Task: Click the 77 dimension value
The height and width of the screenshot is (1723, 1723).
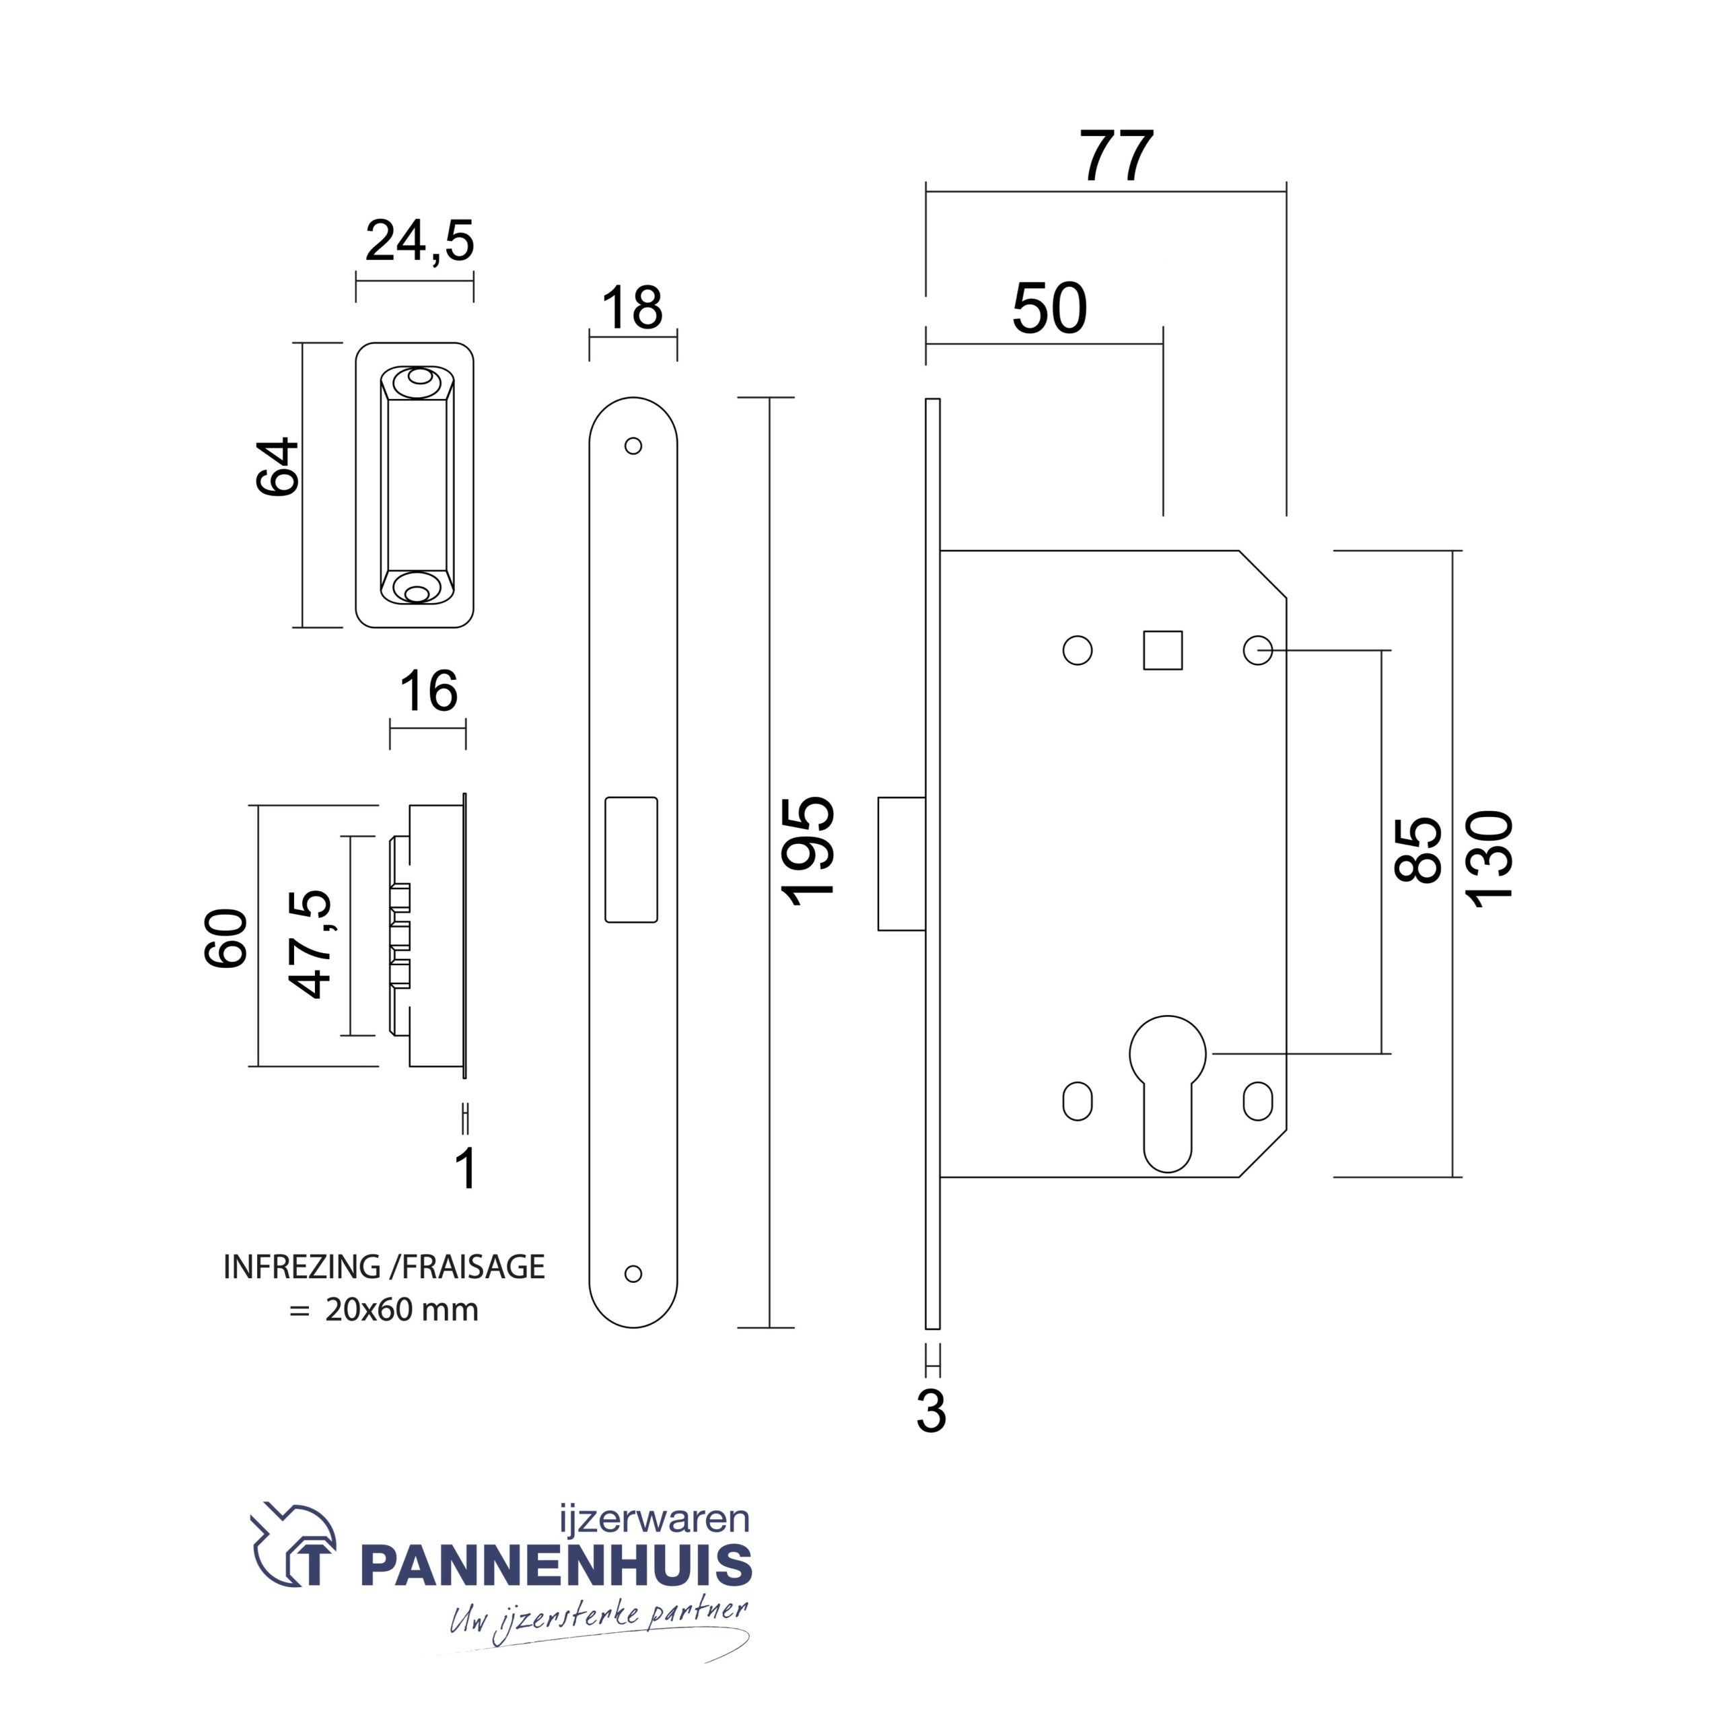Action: [1117, 155]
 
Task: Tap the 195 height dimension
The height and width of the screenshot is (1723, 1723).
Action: [808, 850]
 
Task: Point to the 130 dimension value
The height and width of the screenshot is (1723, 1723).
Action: [1491, 859]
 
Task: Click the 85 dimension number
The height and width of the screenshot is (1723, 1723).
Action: [1418, 850]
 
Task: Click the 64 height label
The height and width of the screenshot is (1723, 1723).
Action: [277, 466]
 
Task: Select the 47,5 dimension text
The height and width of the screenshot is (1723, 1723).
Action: [310, 944]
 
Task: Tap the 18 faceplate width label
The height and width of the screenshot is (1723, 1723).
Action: [631, 308]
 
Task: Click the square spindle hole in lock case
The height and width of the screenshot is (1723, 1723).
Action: [1163, 650]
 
